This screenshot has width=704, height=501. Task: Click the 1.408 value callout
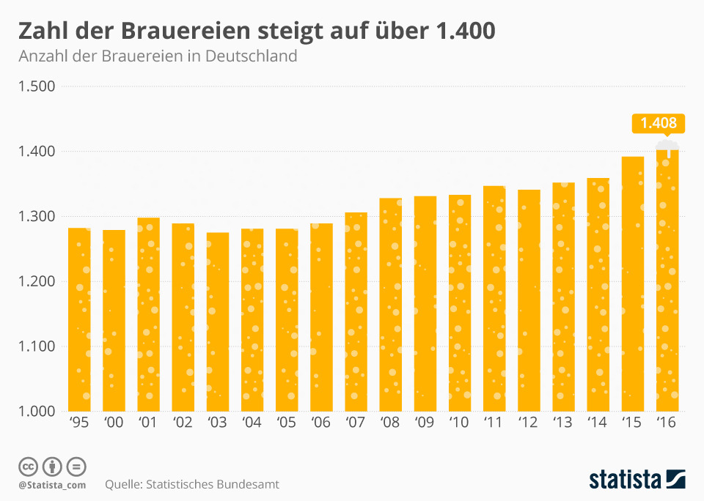pyautogui.click(x=658, y=123)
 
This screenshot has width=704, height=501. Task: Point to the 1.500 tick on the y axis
pyautogui.click(x=37, y=86)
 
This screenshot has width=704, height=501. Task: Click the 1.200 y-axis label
pyautogui.click(x=37, y=282)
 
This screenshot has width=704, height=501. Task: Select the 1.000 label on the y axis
pyautogui.click(x=37, y=412)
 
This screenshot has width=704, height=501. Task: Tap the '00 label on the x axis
pyautogui.click(x=114, y=424)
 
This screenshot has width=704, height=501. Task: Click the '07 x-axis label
pyautogui.click(x=356, y=424)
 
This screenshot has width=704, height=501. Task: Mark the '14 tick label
pyautogui.click(x=598, y=424)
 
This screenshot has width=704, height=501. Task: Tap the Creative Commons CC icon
pyautogui.click(x=28, y=466)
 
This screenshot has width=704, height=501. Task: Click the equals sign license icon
pyautogui.click(x=76, y=466)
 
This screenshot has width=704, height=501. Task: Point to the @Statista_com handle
pyautogui.click(x=52, y=485)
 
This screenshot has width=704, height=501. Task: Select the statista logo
pyautogui.click(x=637, y=480)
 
